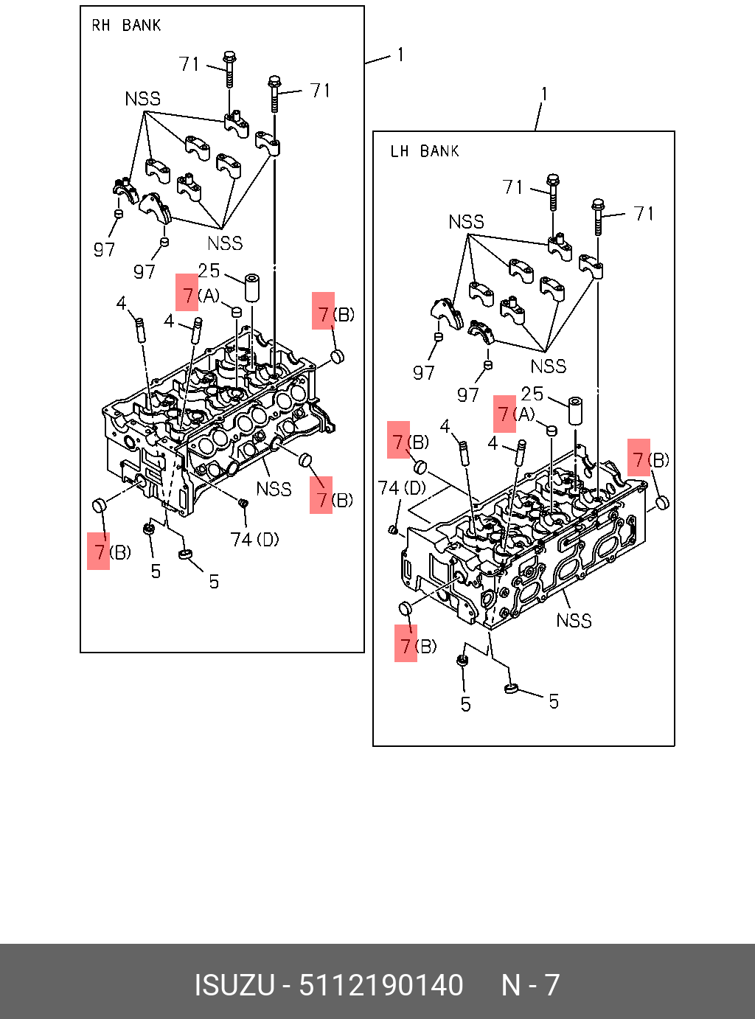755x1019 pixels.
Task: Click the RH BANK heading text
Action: point(126,26)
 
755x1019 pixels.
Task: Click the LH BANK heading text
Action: point(425,151)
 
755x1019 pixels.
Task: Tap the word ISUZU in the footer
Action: point(234,985)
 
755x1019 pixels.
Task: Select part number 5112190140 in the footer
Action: point(380,985)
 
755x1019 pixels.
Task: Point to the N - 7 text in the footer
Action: point(530,985)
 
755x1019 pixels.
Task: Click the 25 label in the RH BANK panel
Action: point(209,271)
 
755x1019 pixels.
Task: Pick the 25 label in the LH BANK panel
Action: point(532,394)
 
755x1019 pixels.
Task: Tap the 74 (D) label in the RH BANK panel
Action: point(254,540)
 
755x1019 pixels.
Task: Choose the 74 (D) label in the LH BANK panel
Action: point(402,488)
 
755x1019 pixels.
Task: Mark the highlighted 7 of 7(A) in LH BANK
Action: point(504,414)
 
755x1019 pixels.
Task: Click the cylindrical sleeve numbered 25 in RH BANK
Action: point(252,288)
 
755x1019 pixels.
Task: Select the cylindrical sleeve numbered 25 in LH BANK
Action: point(575,411)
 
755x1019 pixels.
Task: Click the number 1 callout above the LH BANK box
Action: point(544,94)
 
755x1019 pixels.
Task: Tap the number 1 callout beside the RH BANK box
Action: point(400,55)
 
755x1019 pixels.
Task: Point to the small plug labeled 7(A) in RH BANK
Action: point(237,313)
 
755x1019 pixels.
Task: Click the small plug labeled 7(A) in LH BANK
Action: point(551,430)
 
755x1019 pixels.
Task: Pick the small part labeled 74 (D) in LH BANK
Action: point(393,529)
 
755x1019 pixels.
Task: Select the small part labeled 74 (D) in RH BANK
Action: point(243,504)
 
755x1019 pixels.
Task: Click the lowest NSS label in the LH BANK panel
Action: point(574,621)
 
